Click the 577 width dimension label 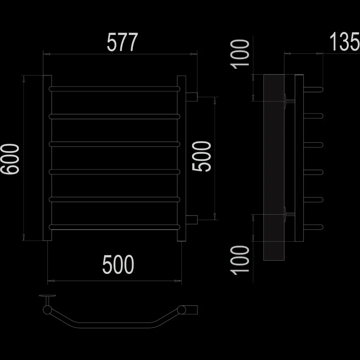tap(122, 42)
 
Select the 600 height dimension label tap(9, 159)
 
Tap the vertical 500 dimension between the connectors tap(201, 156)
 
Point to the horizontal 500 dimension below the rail tap(118, 264)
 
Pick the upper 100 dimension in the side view tap(240, 54)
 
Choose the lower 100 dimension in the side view tap(240, 260)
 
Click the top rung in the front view tap(114, 89)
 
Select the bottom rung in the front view tap(114, 227)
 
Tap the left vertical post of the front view tap(47, 158)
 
